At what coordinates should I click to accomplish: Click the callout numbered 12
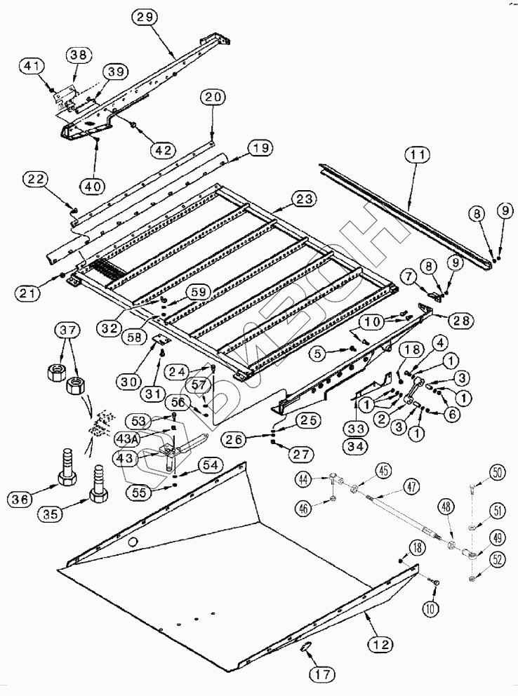[x=379, y=642]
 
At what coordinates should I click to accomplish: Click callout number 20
[x=213, y=98]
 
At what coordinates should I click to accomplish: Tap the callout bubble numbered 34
[x=354, y=446]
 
